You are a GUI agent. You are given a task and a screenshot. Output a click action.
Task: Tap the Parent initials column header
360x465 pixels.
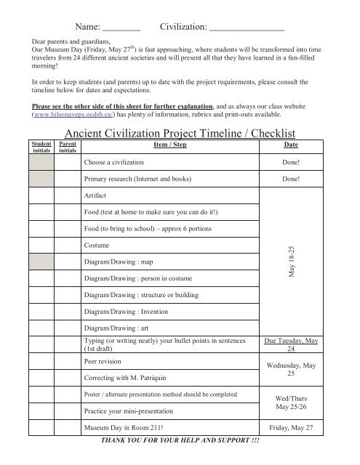click(x=68, y=147)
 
